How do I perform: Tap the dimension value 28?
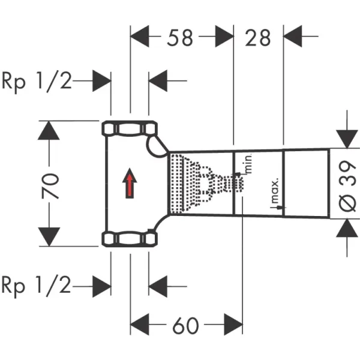click(257, 38)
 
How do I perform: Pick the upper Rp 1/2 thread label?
click(37, 80)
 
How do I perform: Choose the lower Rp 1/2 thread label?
click(37, 286)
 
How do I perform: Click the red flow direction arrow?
click(128, 183)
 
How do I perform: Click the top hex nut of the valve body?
click(129, 128)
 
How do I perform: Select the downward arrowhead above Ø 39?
click(347, 137)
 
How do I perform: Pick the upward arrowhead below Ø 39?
click(347, 229)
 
